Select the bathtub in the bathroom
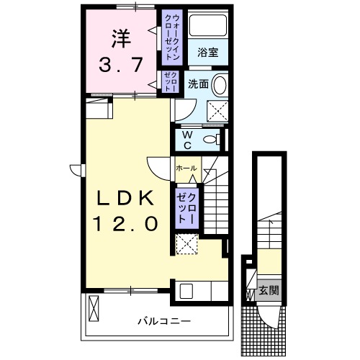[213, 27]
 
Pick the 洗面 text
[199, 84]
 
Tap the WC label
[187, 138]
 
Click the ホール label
[186, 167]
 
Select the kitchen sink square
[186, 292]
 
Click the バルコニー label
[164, 320]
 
